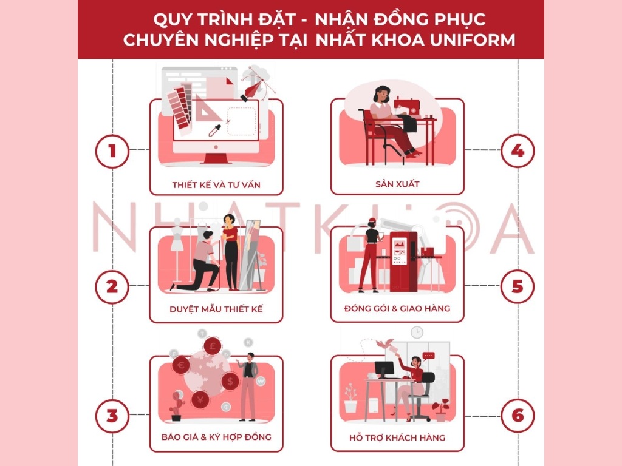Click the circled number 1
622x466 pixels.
pyautogui.click(x=112, y=150)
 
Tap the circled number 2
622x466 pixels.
pyautogui.click(x=112, y=285)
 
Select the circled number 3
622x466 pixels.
pyautogui.click(x=112, y=416)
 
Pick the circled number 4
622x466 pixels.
pyautogui.click(x=517, y=150)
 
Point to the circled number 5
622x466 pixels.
pyautogui.click(x=517, y=285)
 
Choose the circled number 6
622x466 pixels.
pyautogui.click(x=517, y=416)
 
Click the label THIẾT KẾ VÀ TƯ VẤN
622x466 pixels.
pyautogui.click(x=216, y=184)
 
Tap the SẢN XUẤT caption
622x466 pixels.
pyautogui.click(x=397, y=184)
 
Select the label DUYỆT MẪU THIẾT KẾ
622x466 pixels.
pyautogui.click(x=216, y=309)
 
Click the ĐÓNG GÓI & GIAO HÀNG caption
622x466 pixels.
pyautogui.click(x=397, y=308)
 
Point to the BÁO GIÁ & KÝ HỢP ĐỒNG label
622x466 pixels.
pyautogui.click(x=216, y=437)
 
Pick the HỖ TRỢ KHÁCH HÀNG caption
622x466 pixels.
pyautogui.click(x=397, y=437)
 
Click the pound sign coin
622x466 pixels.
pyautogui.click(x=213, y=347)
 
